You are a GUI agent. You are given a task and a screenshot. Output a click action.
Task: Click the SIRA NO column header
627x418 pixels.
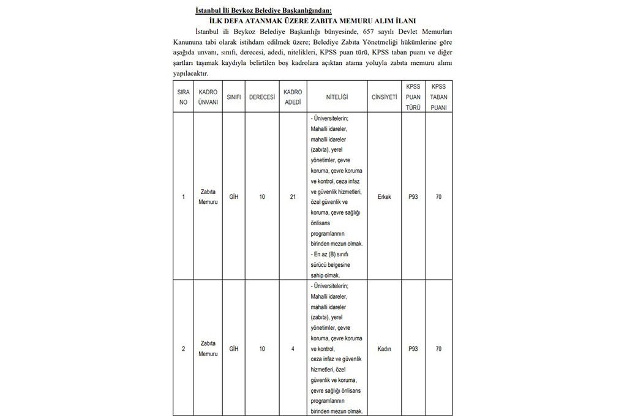(183, 97)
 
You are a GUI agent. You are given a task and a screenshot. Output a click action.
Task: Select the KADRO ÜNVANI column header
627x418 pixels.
(208, 97)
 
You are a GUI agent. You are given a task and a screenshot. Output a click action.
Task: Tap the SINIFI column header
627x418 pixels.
(233, 98)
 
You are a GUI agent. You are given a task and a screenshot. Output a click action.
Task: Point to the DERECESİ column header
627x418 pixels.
(261, 98)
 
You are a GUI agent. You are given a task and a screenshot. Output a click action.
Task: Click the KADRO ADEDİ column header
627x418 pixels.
(293, 97)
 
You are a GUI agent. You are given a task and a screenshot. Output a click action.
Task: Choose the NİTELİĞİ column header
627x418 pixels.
(337, 98)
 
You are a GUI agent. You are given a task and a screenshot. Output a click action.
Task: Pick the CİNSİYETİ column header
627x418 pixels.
(385, 98)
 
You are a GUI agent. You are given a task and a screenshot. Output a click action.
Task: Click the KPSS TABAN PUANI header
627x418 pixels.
(438, 97)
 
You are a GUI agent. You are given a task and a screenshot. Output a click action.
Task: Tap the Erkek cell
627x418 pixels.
(385, 197)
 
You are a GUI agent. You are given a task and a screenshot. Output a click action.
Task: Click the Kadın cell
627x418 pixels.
(385, 349)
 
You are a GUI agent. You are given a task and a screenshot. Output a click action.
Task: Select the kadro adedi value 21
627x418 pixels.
(293, 197)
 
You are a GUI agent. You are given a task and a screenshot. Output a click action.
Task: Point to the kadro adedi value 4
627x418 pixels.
(293, 349)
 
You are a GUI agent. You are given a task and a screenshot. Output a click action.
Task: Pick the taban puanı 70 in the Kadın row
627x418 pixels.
(438, 349)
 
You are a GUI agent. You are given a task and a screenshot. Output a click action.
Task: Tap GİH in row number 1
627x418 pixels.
(233, 197)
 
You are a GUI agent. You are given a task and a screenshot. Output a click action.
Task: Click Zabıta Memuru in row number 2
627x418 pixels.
(208, 349)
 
